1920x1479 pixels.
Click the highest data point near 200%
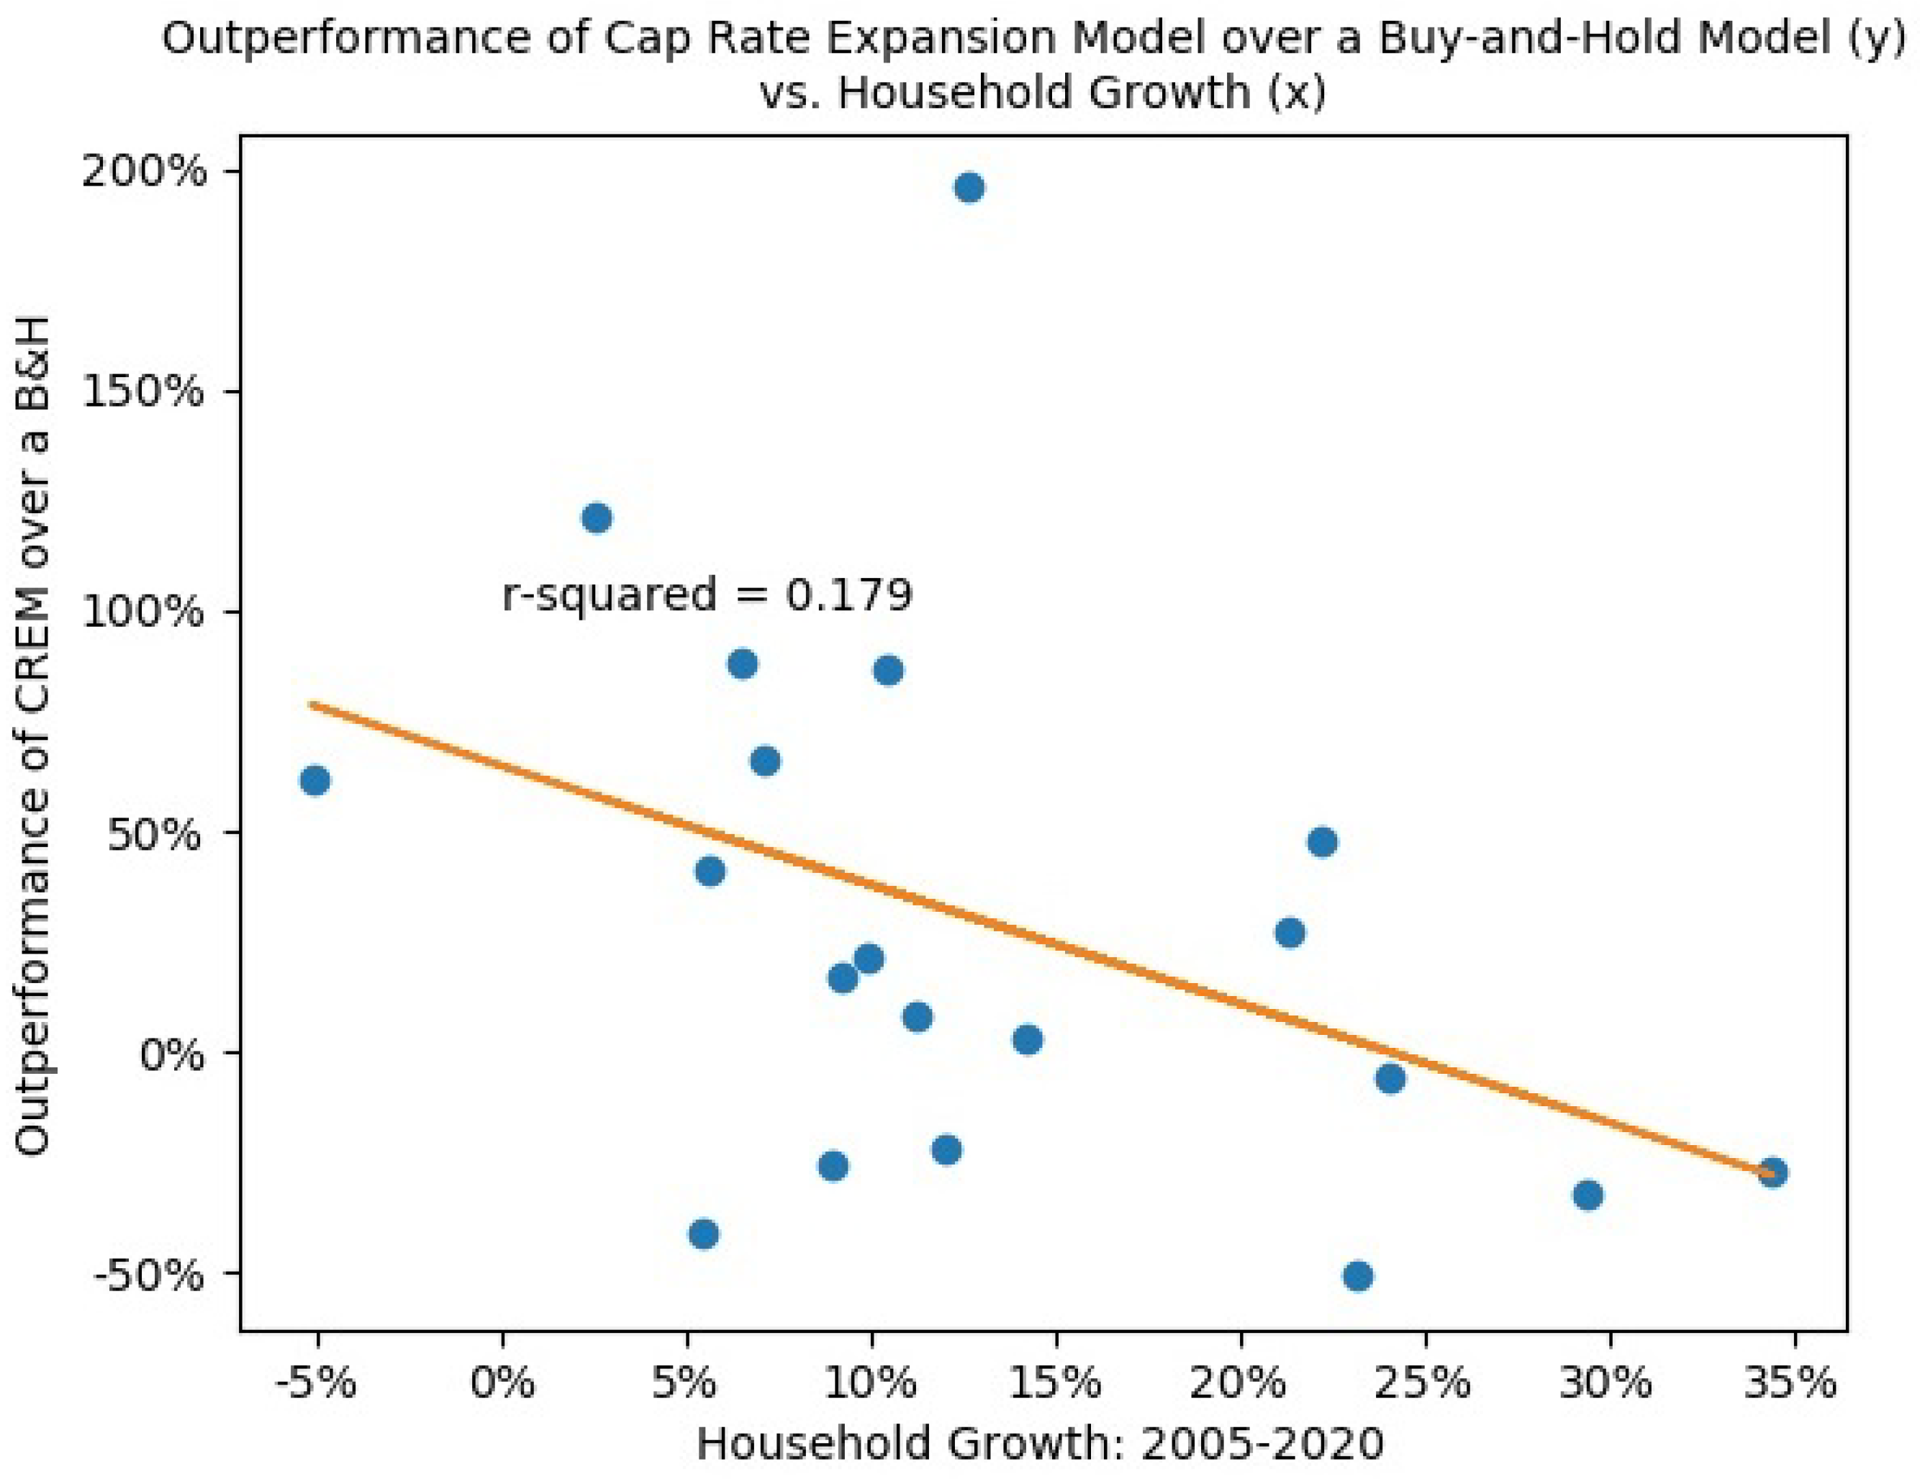coord(969,188)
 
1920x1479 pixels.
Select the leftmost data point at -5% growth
coord(314,781)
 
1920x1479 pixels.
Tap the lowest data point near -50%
coord(1357,1276)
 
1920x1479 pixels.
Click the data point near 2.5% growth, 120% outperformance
coord(597,518)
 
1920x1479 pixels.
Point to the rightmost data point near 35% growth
coord(1772,1173)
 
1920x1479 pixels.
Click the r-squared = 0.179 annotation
coord(707,595)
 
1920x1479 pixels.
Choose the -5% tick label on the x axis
coord(316,1383)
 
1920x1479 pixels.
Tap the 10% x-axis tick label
coord(870,1383)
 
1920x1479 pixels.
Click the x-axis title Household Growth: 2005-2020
coord(1040,1444)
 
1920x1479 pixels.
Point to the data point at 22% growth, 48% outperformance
coord(1322,842)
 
